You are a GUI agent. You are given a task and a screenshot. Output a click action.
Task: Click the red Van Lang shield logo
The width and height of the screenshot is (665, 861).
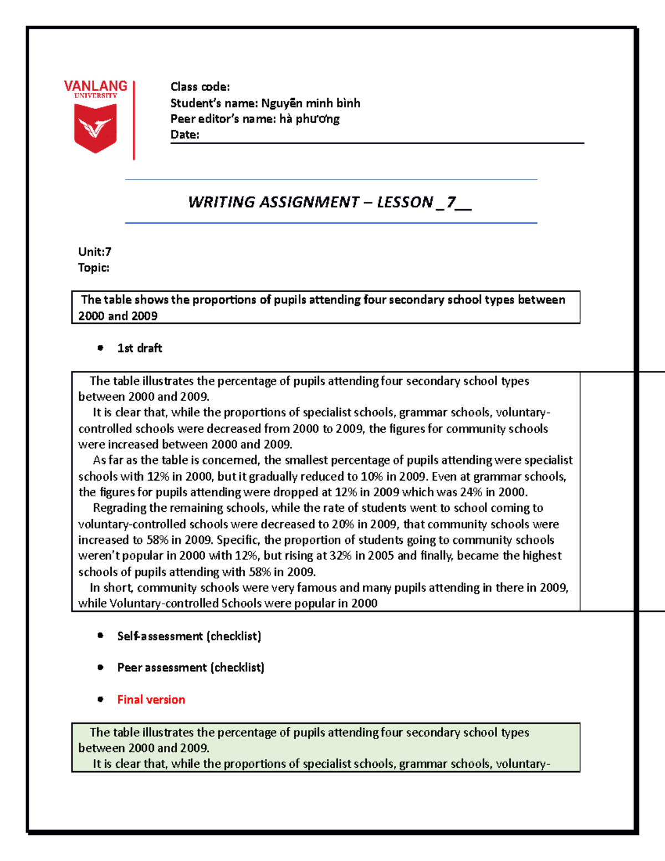95,129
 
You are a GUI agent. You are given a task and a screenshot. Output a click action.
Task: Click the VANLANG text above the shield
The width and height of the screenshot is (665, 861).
95,86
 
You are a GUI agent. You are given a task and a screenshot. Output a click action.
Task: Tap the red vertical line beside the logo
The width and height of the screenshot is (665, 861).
134,120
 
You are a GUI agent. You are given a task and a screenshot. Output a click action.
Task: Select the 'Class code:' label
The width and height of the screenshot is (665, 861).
200,87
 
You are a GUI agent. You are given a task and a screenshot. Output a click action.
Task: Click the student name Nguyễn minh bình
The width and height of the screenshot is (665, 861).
310,103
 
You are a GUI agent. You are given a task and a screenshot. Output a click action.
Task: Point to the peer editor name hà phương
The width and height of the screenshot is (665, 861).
309,119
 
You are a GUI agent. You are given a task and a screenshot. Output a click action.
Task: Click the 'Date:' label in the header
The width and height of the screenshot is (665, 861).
185,135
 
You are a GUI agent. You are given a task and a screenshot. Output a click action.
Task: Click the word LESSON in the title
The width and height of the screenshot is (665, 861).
405,202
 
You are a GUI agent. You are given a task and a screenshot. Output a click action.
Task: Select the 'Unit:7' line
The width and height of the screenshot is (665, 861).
95,252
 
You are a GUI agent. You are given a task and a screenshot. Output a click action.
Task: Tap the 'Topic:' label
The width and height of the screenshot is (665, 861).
94,268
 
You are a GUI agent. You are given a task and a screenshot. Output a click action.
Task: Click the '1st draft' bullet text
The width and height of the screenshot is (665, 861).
140,348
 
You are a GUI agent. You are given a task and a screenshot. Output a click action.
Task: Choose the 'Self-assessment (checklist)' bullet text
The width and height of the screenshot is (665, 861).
189,636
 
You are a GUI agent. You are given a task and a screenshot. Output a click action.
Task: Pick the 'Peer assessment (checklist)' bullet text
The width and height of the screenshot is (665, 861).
191,668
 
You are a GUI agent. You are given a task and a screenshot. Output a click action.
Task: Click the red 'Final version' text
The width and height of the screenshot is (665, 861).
151,700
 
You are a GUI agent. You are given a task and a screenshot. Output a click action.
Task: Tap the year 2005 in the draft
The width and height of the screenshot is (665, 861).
381,556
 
